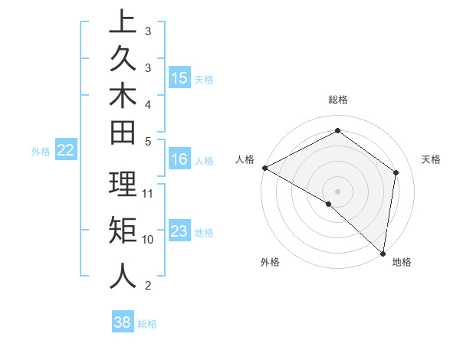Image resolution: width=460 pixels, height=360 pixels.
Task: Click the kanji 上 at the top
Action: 123,21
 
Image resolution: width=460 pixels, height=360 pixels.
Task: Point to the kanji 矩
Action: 123,229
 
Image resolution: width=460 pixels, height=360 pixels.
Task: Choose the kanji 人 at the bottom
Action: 123,276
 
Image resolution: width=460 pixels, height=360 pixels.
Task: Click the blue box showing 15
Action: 179,78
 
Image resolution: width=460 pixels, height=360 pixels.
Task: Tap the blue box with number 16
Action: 179,159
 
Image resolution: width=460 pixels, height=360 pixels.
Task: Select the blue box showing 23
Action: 179,231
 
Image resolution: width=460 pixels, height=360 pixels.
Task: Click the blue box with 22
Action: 66,151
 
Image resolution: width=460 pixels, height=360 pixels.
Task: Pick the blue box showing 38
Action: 123,322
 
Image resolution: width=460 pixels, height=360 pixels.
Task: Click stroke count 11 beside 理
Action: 148,193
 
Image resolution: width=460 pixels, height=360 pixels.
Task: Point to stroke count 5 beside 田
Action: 148,141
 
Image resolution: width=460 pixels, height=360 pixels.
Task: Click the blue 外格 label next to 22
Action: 41,152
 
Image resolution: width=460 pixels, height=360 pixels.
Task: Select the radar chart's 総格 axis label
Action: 338,100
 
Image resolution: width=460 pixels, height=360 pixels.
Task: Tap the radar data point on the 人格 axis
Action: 264,168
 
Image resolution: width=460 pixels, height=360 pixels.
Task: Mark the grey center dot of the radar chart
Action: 338,191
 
